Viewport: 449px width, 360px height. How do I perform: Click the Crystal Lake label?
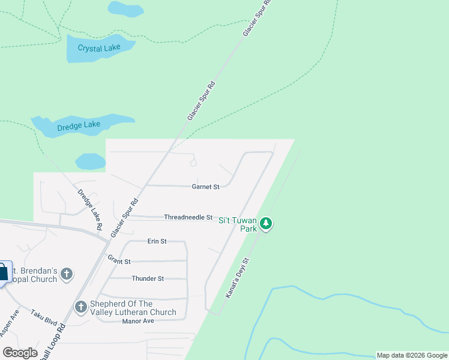click(99, 47)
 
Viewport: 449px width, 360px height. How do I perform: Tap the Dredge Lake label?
click(79, 126)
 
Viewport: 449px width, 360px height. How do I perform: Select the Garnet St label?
click(205, 187)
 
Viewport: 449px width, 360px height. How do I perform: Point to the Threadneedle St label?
click(188, 217)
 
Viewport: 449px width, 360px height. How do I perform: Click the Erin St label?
click(157, 241)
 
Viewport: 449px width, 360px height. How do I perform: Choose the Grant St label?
click(119, 262)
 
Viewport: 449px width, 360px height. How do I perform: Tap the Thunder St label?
click(148, 278)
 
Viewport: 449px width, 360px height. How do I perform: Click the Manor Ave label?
click(138, 321)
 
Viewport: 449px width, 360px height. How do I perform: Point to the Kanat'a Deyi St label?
click(237, 279)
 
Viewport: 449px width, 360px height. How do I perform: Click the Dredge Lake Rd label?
click(90, 210)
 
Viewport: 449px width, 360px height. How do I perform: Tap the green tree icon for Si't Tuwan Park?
click(266, 224)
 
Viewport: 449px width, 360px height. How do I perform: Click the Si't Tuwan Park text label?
click(238, 224)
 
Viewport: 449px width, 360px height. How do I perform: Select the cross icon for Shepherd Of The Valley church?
click(80, 307)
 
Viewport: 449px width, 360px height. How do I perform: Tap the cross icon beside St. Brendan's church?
click(67, 274)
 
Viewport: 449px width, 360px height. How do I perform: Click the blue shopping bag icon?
click(3, 273)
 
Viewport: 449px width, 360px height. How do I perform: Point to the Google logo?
click(20, 352)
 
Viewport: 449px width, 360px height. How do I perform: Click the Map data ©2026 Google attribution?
click(412, 355)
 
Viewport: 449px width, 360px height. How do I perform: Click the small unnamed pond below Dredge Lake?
click(90, 161)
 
